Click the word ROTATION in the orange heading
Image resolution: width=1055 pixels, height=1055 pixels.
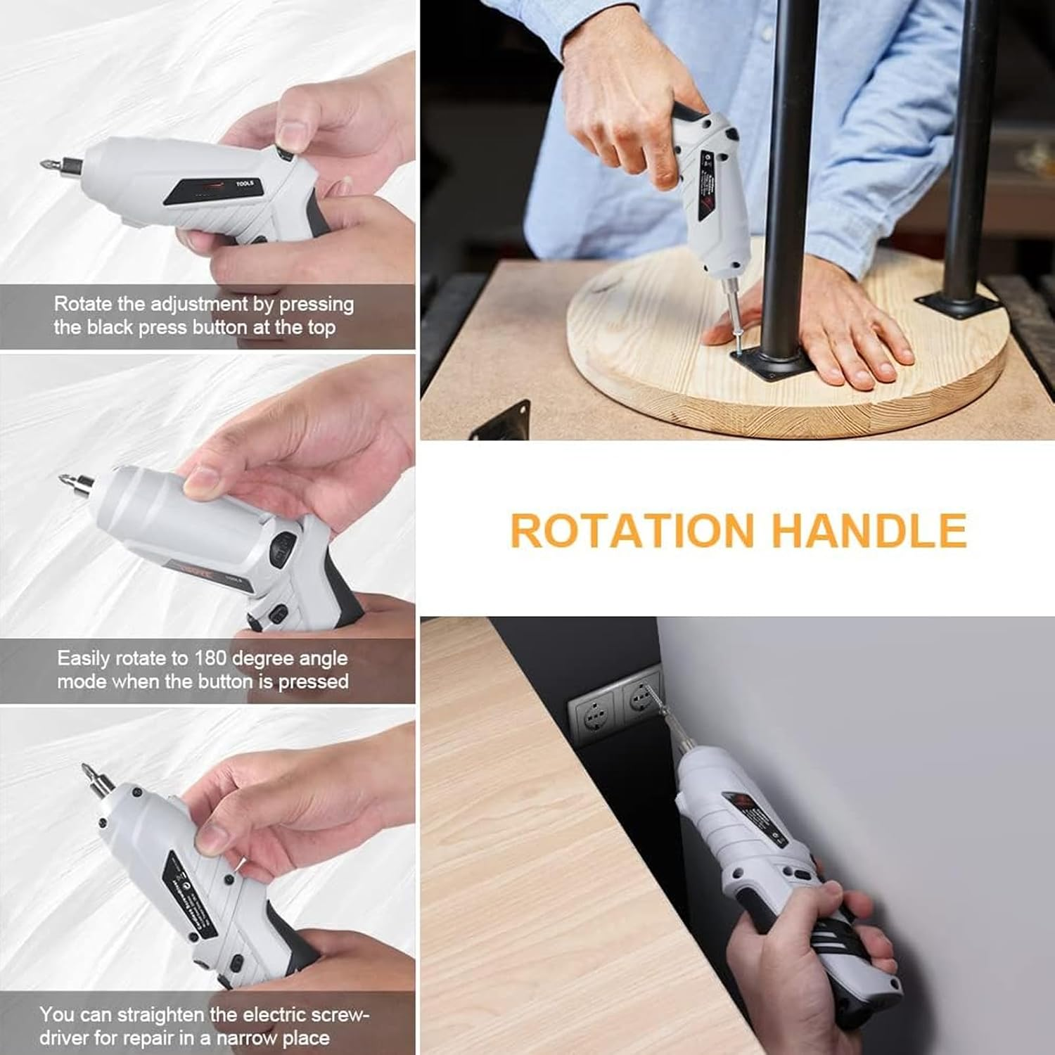[632, 530]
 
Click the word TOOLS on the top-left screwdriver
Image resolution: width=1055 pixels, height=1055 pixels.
[244, 184]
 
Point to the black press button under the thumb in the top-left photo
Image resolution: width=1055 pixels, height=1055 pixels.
[285, 153]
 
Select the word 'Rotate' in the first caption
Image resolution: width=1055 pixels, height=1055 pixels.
[83, 304]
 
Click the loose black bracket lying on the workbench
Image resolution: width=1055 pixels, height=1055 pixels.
[501, 421]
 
